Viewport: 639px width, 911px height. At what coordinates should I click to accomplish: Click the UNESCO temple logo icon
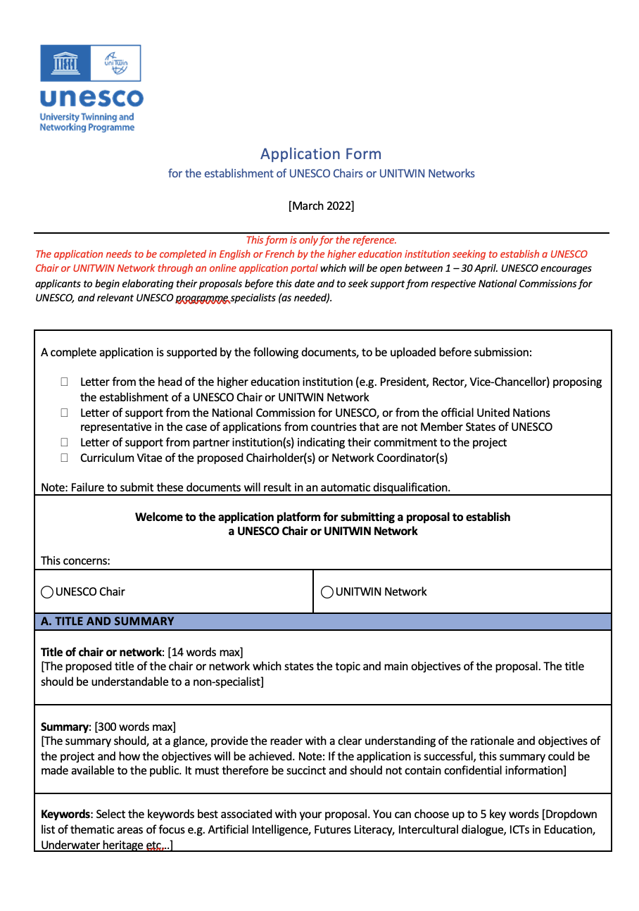point(65,63)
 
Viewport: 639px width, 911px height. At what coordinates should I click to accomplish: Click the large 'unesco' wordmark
point(91,98)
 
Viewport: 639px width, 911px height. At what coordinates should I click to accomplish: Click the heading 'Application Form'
point(321,153)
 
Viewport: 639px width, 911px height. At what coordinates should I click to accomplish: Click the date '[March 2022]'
point(321,206)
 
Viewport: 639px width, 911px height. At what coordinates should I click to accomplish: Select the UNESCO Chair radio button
point(47,592)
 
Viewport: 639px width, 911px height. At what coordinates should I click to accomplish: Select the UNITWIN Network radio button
point(327,592)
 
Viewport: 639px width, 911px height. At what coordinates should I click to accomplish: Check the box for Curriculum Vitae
point(64,458)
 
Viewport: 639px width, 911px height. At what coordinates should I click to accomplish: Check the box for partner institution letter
point(64,442)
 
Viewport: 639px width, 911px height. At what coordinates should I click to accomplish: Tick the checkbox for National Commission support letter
point(64,413)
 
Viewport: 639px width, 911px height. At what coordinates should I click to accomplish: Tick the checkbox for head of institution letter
point(64,382)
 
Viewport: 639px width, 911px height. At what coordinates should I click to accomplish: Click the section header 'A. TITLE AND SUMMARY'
point(108,621)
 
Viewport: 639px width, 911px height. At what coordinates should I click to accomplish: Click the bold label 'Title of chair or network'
point(101,652)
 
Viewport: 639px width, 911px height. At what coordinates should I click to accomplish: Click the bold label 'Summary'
point(65,726)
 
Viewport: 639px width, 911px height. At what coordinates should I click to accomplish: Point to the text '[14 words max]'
point(205,652)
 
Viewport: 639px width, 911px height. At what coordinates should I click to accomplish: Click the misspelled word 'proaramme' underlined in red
point(203,298)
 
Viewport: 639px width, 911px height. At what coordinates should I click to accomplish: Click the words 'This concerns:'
point(75,560)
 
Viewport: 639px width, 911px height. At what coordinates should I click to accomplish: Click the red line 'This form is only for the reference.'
point(321,240)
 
